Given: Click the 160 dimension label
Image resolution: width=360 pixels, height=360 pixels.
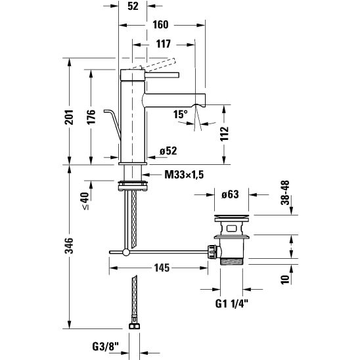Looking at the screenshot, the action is [x=160, y=25].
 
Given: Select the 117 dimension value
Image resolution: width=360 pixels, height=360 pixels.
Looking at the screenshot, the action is [x=164, y=44].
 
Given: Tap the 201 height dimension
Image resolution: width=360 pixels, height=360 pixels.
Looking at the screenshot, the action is [x=69, y=117].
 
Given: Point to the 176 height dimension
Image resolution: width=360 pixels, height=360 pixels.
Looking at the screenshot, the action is [x=91, y=117].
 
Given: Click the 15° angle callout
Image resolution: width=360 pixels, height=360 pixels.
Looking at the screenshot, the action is [x=180, y=114].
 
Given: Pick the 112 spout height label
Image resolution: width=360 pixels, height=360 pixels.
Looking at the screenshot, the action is [x=225, y=134].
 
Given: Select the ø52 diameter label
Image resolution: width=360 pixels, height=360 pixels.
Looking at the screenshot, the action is [x=169, y=151].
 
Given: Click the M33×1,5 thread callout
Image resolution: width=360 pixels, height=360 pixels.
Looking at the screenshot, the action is [x=184, y=175].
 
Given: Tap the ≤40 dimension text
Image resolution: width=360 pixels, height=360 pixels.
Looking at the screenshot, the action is [x=85, y=201].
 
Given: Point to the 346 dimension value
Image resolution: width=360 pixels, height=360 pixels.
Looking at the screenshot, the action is [x=69, y=246].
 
